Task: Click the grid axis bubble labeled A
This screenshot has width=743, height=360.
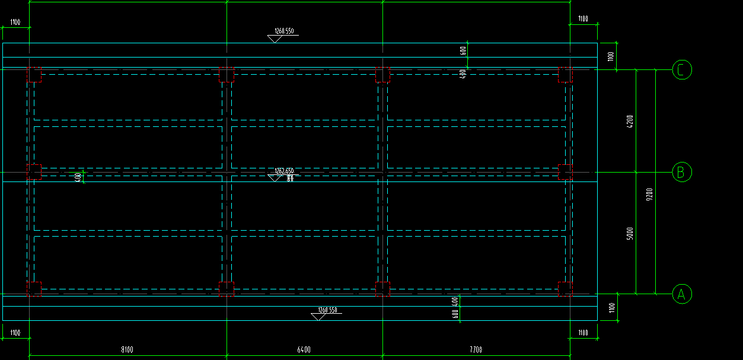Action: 681,294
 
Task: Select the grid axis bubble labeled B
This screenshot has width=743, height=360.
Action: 681,173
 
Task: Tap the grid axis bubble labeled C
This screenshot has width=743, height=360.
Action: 682,70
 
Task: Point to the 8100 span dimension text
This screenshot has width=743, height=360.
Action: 127,350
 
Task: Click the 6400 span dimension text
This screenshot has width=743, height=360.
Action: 304,350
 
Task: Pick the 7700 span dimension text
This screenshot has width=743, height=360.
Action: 476,350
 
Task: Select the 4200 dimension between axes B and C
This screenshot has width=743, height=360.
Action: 630,122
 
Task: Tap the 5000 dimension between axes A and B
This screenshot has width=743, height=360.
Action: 630,233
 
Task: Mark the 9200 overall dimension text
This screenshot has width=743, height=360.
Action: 649,195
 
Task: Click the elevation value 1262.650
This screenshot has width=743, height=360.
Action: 284,171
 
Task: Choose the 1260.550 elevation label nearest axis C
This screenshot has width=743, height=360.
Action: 285,31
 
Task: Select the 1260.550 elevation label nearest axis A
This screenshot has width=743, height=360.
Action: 327,310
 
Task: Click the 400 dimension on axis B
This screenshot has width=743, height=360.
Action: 78,177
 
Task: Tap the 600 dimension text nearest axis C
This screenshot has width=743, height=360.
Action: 463,50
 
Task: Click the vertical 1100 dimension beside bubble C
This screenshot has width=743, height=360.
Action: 611,56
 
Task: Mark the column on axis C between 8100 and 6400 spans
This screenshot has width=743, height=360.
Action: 227,75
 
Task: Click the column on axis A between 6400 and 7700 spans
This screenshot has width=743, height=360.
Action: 382,289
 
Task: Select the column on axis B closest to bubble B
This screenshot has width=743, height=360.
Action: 565,171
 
